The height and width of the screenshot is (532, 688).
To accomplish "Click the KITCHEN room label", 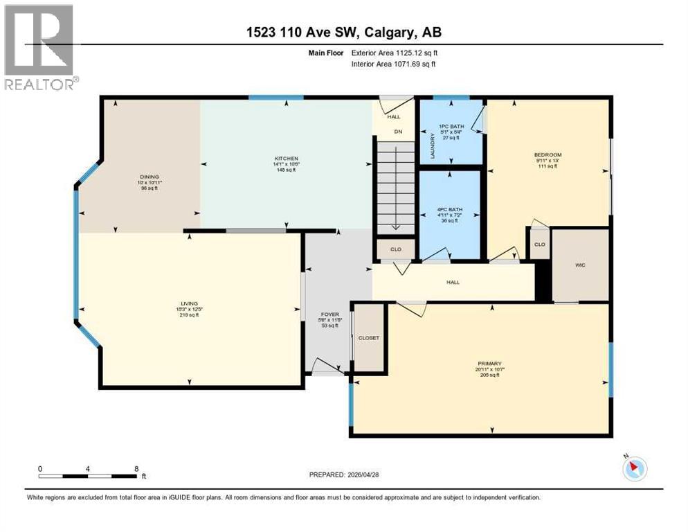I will click(x=284, y=159).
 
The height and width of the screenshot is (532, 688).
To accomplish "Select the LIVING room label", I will click(x=190, y=303).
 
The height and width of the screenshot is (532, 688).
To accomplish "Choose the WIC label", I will click(x=580, y=264).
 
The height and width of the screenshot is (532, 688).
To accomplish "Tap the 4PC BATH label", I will click(x=451, y=209).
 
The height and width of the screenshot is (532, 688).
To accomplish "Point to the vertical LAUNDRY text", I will click(x=433, y=146).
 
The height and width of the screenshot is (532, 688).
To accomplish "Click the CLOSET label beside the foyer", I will click(x=368, y=338).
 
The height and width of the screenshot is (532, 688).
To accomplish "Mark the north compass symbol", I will click(x=635, y=468).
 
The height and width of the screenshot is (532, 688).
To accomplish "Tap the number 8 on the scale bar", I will click(x=136, y=469).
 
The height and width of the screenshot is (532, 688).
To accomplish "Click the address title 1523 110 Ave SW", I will click(x=343, y=32).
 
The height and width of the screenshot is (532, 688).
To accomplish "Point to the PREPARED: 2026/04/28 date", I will click(x=345, y=475).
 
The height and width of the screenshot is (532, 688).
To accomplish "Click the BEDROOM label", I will click(x=547, y=154).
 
